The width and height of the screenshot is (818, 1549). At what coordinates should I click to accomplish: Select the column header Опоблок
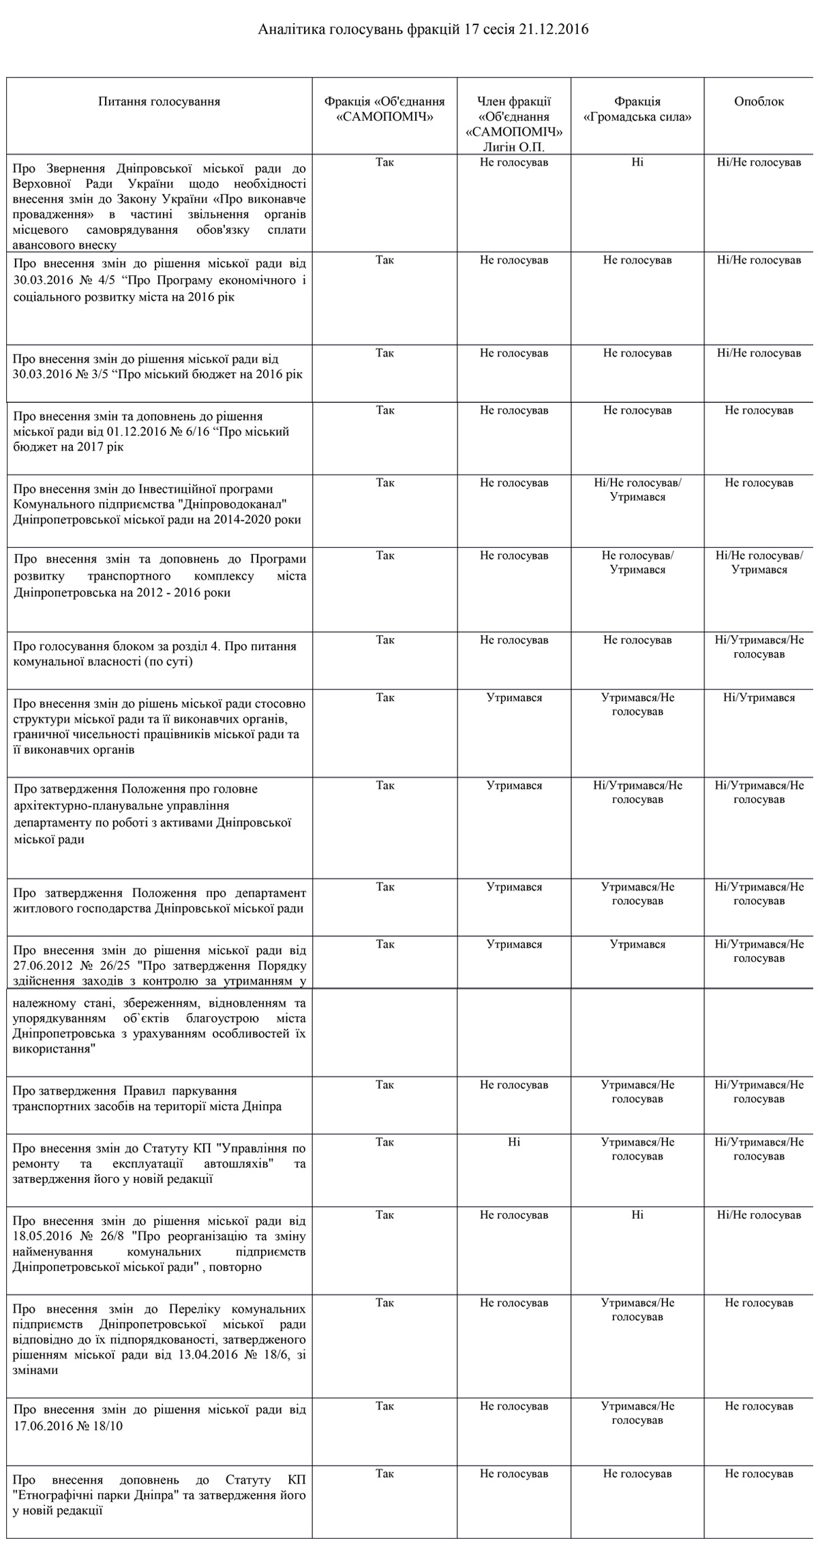point(759,102)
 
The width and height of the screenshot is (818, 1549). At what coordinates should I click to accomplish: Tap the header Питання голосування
point(159,102)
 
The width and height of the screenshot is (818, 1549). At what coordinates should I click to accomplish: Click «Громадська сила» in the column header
point(637,117)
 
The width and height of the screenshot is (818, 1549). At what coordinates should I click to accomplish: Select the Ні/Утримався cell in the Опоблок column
point(759,697)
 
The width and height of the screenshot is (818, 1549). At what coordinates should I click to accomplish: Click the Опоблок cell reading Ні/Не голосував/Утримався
point(759,562)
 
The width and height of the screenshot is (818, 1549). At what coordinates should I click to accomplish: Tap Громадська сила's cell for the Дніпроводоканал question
point(637,489)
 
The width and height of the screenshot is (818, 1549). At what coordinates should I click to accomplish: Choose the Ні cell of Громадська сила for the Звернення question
point(637,162)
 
